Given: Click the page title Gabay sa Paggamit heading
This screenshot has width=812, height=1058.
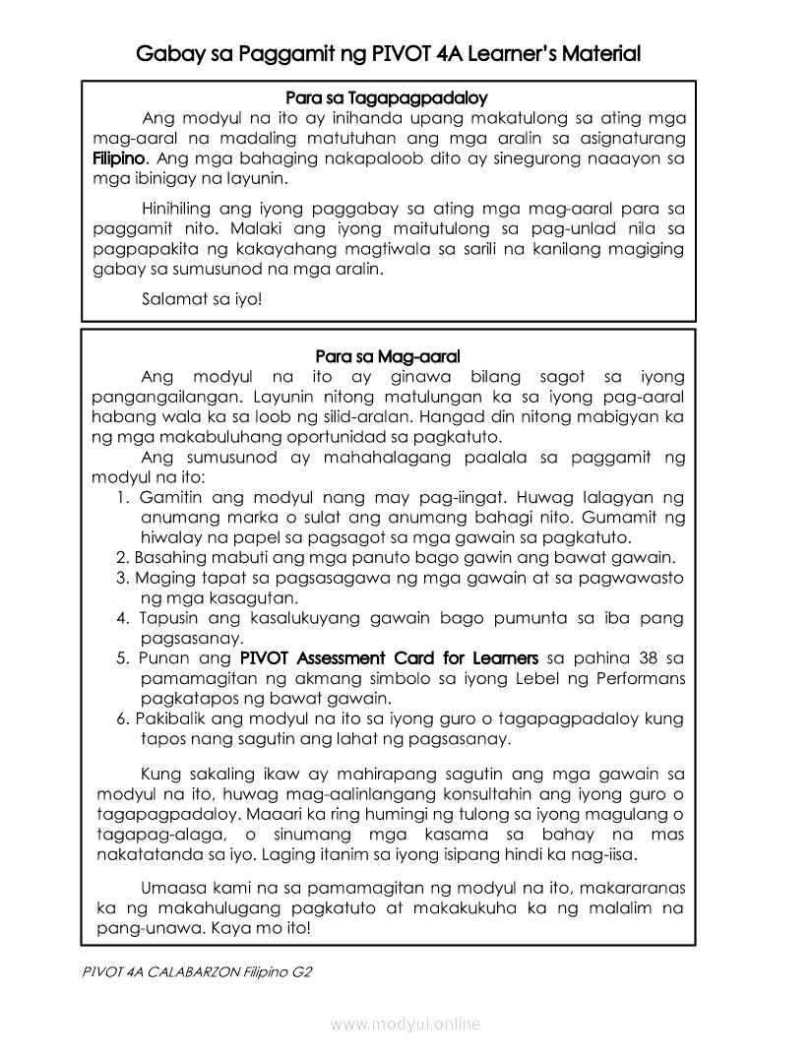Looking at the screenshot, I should (389, 53).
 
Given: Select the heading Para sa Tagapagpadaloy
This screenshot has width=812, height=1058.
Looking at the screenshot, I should (387, 98).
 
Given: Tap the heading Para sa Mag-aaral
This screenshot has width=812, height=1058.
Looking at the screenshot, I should (388, 355).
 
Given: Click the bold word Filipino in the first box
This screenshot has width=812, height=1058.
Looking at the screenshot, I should (118, 158).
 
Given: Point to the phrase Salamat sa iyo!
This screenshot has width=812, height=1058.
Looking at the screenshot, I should (202, 297).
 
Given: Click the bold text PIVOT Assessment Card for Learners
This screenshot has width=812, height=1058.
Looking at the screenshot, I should (389, 657).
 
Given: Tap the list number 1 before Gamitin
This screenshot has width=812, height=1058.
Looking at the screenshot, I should (122, 497).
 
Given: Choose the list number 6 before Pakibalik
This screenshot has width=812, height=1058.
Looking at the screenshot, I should (122, 718).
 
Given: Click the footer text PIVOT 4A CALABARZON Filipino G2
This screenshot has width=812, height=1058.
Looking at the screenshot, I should (198, 971).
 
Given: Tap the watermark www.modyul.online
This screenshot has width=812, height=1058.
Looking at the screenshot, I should (406, 1025).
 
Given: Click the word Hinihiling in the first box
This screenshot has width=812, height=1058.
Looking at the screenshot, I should (182, 209).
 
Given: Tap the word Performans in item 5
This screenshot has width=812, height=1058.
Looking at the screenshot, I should (637, 679).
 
